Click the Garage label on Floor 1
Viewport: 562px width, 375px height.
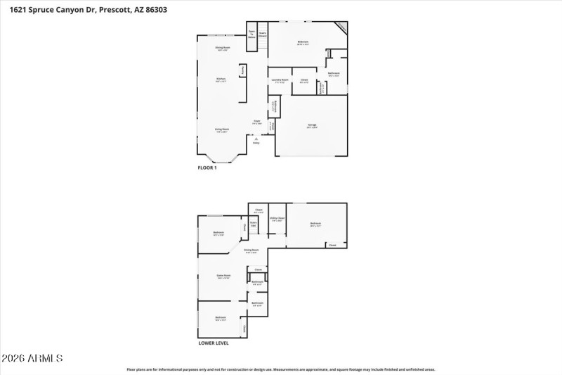click(311, 125)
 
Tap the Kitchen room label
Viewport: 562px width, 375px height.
click(221, 79)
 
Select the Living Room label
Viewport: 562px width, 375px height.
click(222, 129)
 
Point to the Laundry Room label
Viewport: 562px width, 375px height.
click(280, 80)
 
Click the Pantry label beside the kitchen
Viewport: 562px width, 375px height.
click(242, 70)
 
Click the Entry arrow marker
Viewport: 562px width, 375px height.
click(257, 139)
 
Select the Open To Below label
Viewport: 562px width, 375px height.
click(251, 32)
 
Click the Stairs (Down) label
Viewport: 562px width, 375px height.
click(262, 33)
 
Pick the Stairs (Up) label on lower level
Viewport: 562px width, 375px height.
click(254, 225)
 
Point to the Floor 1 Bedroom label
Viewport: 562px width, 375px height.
click(303, 42)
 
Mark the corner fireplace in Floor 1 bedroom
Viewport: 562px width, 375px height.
click(341, 27)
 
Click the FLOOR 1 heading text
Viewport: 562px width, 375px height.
click(207, 167)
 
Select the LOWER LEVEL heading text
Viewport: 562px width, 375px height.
click(213, 343)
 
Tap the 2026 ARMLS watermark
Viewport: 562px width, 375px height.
click(32, 359)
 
